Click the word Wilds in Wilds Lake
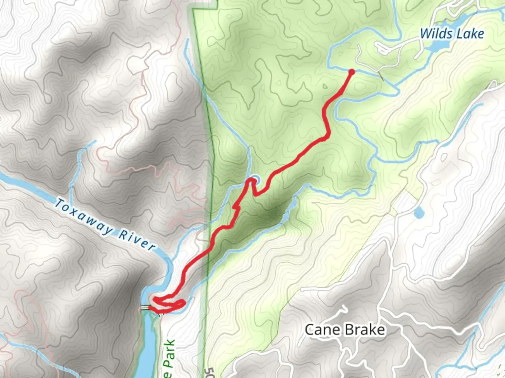pos(436,34)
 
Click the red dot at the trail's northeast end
pos(351,72)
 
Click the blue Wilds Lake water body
pos(435,45)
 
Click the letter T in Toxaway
pos(60,204)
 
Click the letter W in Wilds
pos(426,34)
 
